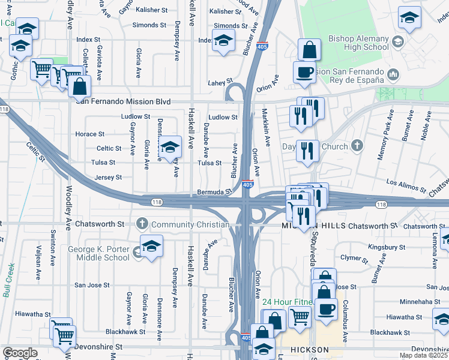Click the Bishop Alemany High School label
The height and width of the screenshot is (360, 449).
[x=358, y=43]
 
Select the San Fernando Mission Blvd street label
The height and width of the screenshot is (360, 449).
[x=122, y=101]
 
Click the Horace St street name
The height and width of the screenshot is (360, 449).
[x=91, y=134]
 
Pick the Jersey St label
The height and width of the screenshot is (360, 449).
[x=108, y=178]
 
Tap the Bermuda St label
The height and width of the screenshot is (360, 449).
[x=214, y=193]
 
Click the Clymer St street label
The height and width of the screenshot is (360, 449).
[x=354, y=259]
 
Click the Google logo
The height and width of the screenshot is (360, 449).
[x=20, y=353]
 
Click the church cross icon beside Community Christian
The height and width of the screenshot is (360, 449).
[x=142, y=224]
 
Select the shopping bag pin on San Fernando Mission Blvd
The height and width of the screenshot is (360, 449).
[x=79, y=88]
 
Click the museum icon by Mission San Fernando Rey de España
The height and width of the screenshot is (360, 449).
[x=394, y=75]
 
